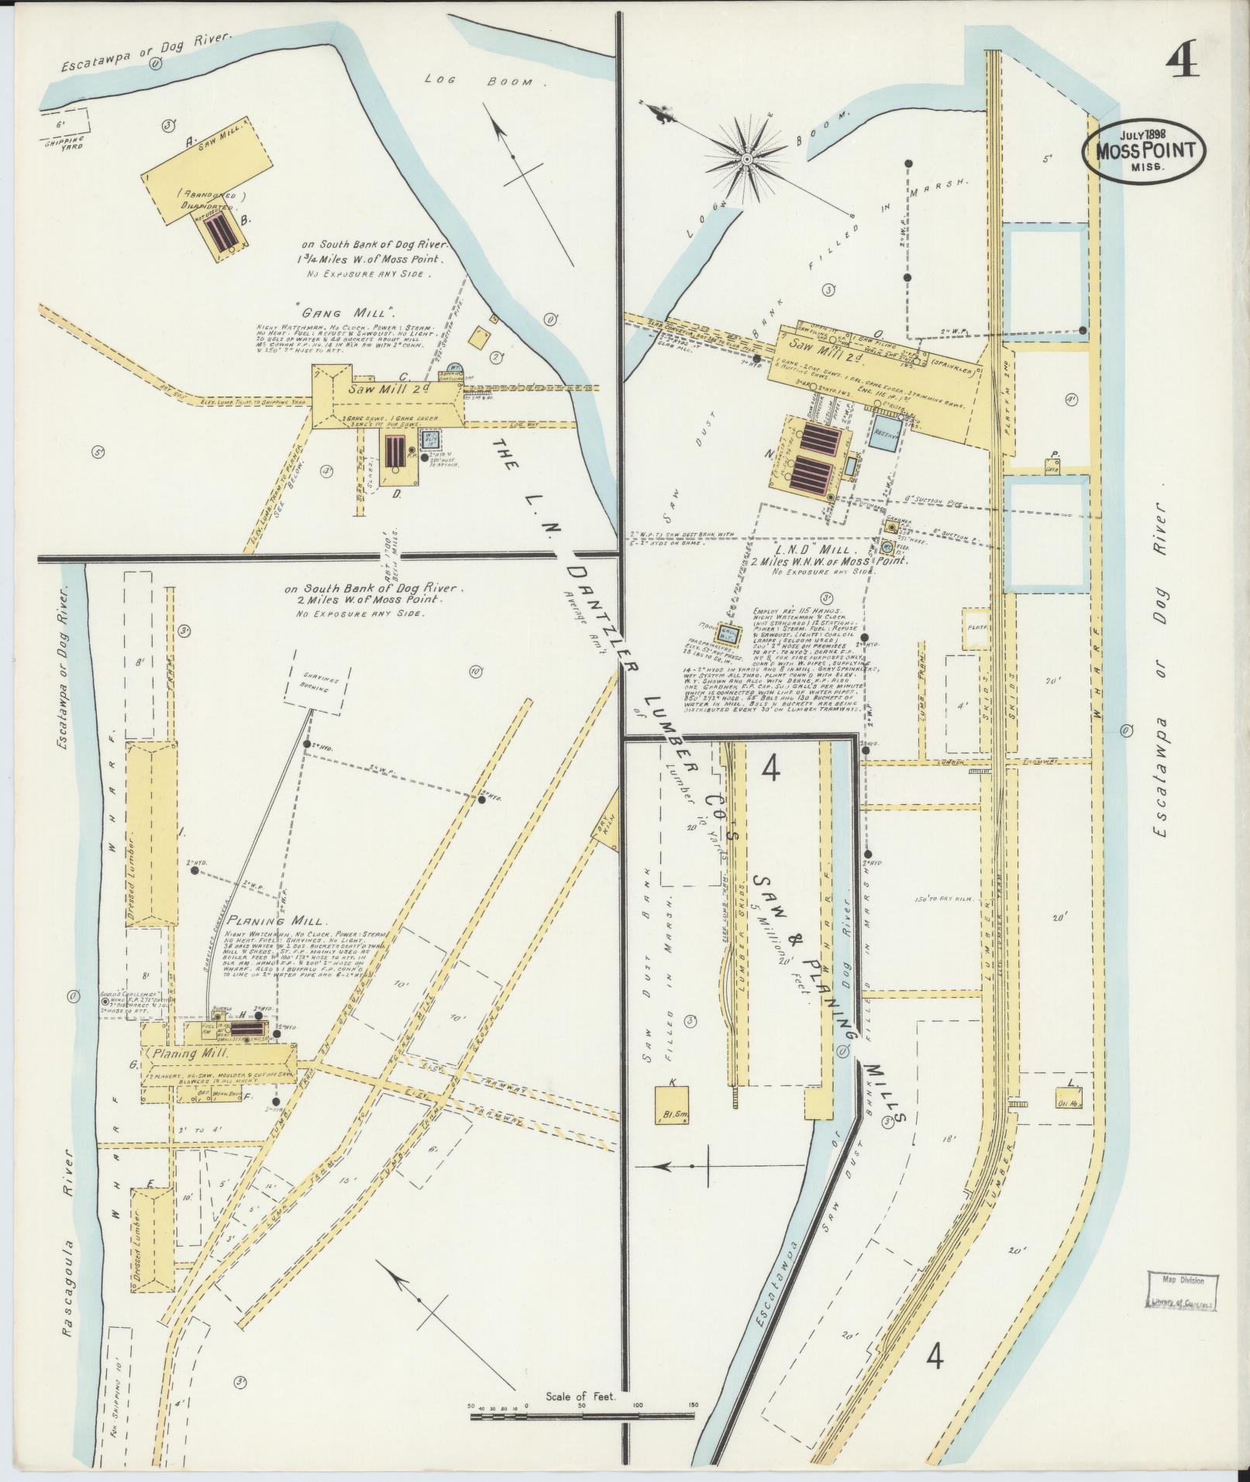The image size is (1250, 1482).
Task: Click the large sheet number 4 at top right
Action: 1179,60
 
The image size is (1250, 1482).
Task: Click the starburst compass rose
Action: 747,159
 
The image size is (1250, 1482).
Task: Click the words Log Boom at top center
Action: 485,81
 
